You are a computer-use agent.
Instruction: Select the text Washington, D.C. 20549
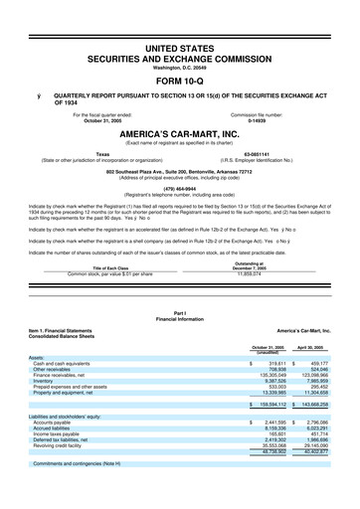click(179, 67)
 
